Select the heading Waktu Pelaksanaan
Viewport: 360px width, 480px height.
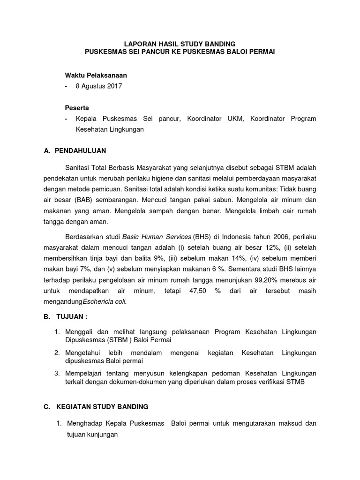coord(96,75)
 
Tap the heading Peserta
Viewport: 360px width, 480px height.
coord(77,107)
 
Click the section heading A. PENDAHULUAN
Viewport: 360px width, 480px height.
coord(75,151)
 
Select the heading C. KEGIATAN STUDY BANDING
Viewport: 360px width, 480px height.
coord(96,406)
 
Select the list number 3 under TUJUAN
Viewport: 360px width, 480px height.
coord(57,373)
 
